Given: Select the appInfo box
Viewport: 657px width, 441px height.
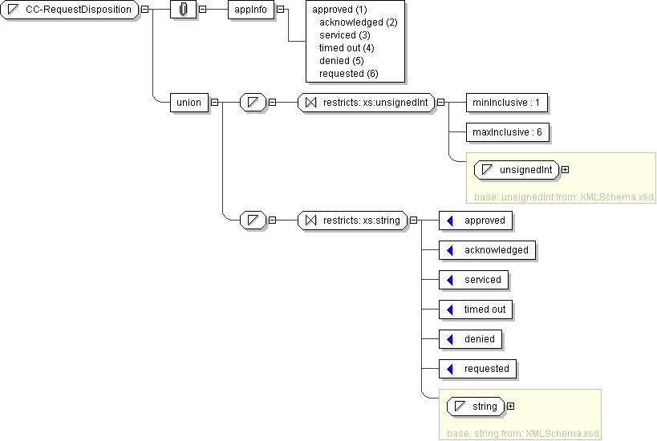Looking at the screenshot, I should [251, 10].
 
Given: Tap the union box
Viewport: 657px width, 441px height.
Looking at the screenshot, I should [189, 102].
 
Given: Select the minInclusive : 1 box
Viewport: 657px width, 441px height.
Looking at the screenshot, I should [507, 103].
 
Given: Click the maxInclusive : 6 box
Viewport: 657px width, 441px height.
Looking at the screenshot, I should [508, 131].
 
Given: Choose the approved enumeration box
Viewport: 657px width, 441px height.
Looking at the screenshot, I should [477, 220].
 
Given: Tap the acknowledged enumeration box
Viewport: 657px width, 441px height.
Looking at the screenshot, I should [488, 250].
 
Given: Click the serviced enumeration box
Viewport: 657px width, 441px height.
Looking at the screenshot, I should [474, 280].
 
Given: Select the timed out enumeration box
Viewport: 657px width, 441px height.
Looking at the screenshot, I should [477, 310].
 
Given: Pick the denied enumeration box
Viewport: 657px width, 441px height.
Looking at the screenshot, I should [471, 339].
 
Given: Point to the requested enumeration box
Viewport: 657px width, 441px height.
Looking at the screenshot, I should [478, 369].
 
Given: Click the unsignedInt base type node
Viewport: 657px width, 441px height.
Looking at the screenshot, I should [517, 170].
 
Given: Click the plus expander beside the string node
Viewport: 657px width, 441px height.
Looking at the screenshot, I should [511, 407].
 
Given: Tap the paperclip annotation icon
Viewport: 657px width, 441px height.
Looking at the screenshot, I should [184, 10].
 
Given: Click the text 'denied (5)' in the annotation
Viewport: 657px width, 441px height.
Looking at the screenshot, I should [341, 61].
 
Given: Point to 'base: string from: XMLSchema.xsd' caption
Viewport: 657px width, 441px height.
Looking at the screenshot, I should [522, 434].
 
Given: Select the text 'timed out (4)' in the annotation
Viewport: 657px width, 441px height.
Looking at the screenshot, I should [347, 48].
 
